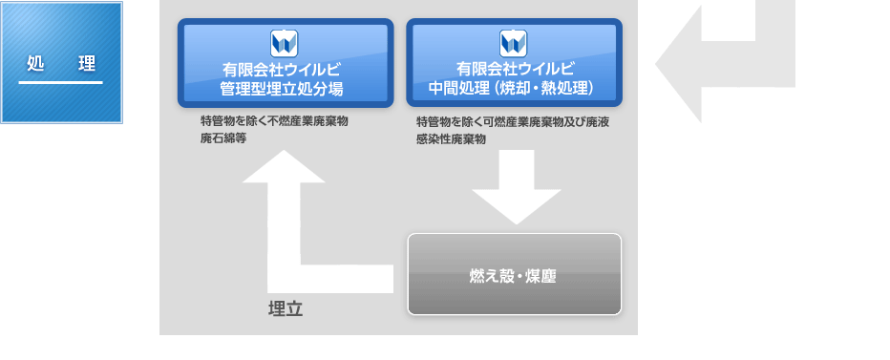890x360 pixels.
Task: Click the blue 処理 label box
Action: click(x=62, y=63)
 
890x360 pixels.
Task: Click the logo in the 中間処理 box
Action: click(x=514, y=43)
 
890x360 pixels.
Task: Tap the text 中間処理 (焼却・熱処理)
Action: click(x=514, y=89)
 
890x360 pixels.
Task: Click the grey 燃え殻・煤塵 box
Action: click(x=514, y=274)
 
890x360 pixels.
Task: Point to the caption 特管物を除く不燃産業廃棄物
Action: click(x=274, y=122)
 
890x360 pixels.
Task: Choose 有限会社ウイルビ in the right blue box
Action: click(x=514, y=70)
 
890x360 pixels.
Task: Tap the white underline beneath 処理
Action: click(x=61, y=83)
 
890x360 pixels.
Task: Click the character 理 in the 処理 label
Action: click(x=87, y=64)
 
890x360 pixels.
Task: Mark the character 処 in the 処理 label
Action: click(x=35, y=64)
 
